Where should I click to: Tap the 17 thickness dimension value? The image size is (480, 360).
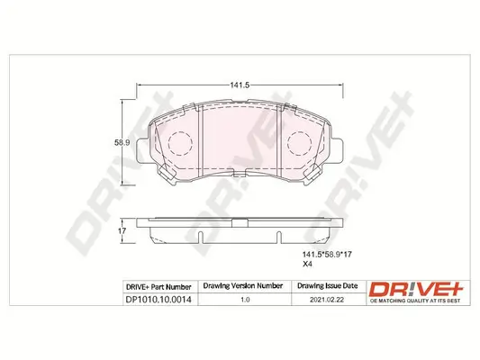(x=124, y=231)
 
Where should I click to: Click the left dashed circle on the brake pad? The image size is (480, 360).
(x=180, y=144)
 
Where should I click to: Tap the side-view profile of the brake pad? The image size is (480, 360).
(x=240, y=231)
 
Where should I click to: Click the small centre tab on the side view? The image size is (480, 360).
(x=240, y=220)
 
